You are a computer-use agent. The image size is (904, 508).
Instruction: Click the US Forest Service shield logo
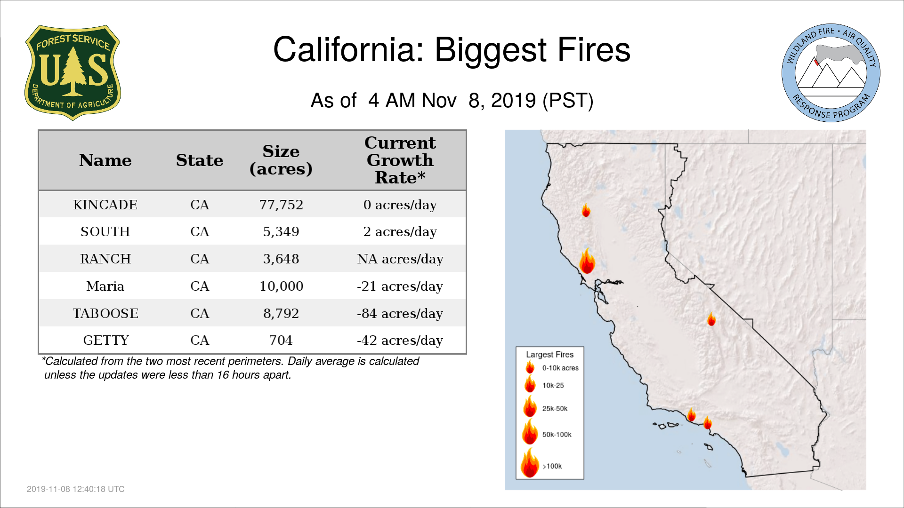[x=73, y=72]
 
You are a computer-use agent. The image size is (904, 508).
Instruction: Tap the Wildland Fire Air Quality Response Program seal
[x=831, y=73]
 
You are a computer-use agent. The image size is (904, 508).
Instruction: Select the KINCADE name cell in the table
[x=105, y=205]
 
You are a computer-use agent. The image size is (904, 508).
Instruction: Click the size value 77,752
[x=281, y=205]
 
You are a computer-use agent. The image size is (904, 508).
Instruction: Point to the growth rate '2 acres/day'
[x=400, y=232]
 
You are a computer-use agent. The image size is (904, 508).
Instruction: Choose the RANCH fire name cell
[x=105, y=259]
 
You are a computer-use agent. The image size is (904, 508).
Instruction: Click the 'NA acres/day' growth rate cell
[x=400, y=259]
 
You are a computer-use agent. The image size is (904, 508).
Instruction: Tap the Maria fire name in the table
[x=105, y=286]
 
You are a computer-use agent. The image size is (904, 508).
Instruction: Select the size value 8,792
[x=281, y=313]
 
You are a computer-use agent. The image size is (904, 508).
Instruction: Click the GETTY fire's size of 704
[x=281, y=340]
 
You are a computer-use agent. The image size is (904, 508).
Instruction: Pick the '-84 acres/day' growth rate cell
[x=400, y=314]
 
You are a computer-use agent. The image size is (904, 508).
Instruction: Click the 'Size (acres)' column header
[x=281, y=160]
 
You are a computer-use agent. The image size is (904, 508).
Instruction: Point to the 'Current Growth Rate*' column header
[x=400, y=160]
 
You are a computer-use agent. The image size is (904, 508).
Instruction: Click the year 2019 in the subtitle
[x=513, y=101]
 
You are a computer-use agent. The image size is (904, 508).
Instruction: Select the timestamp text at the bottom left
[x=76, y=489]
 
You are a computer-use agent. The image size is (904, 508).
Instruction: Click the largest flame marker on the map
[x=587, y=261]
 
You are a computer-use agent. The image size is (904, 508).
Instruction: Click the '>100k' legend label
[x=552, y=466]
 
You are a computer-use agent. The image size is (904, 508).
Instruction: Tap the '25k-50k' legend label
[x=555, y=408]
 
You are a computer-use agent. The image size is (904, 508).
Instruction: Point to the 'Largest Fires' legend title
[x=549, y=354]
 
